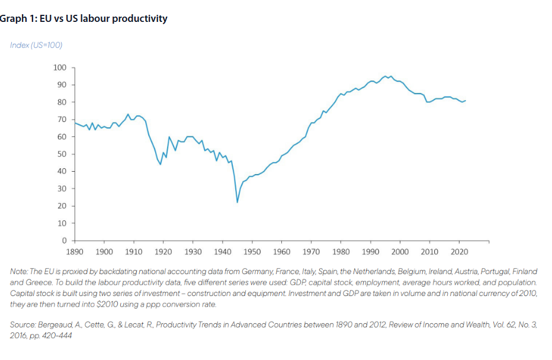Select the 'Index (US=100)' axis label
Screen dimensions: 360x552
[x=36, y=46]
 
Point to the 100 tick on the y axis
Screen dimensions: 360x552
[x=60, y=67]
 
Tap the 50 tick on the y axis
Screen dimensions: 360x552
[x=62, y=154]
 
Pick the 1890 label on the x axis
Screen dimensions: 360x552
[x=75, y=252]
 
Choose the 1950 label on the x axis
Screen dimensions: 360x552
[x=252, y=252]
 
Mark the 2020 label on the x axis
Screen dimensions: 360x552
[x=459, y=252]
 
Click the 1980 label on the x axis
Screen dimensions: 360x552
[x=341, y=252]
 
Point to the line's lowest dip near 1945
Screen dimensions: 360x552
[x=238, y=202]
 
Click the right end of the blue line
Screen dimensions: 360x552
[x=466, y=101]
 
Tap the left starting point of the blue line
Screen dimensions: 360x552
[x=75, y=123]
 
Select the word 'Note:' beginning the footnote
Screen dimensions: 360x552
[x=20, y=271]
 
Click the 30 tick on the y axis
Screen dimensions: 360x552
[x=62, y=189]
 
